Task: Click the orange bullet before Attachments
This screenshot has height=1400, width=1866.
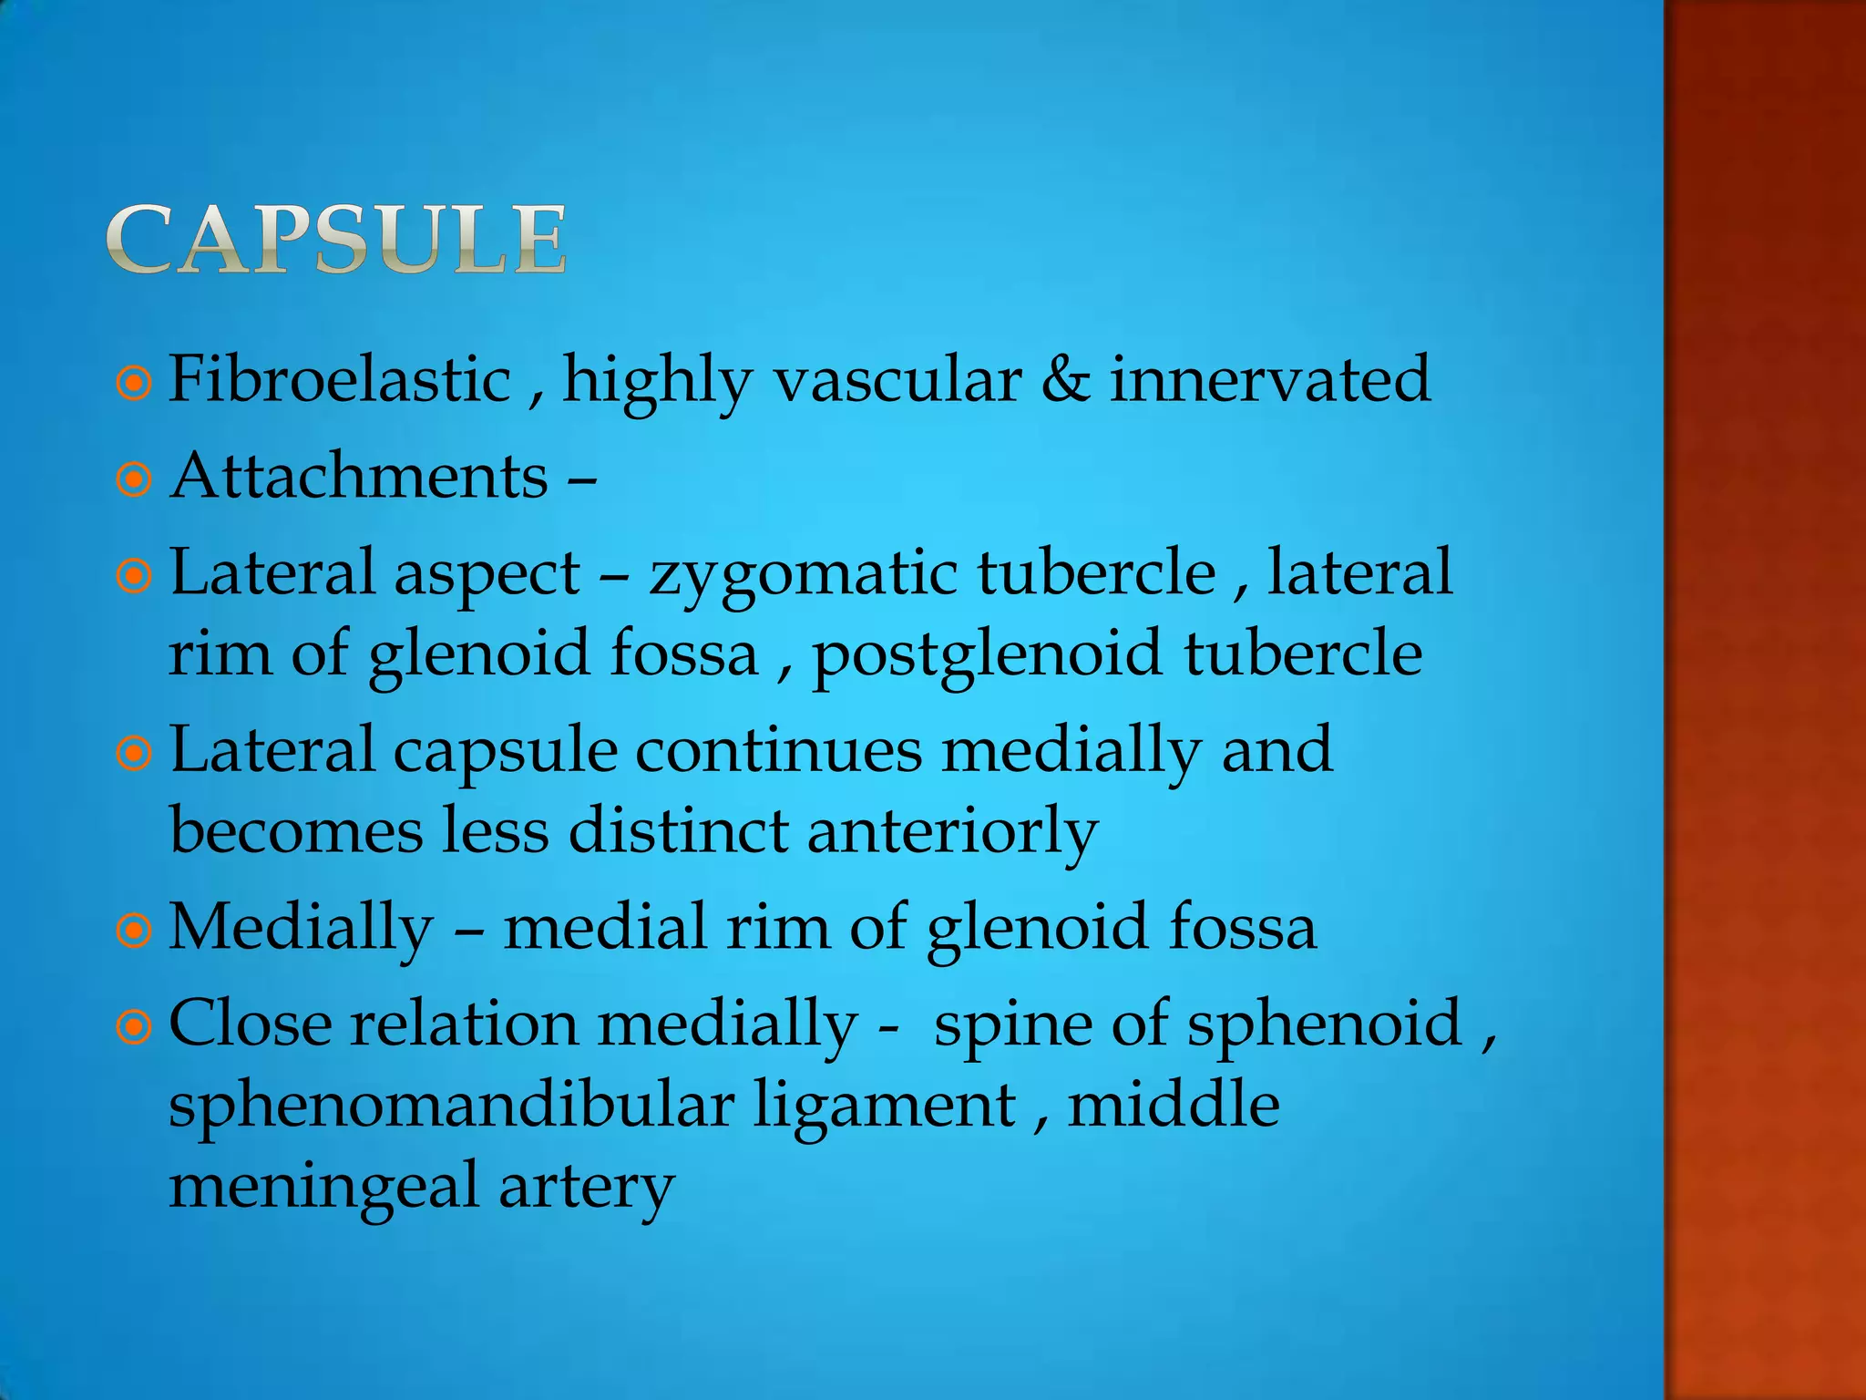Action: (134, 479)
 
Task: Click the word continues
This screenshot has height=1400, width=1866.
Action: (779, 750)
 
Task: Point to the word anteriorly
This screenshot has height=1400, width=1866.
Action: (952, 832)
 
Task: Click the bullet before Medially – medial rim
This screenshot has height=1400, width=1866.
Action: (134, 931)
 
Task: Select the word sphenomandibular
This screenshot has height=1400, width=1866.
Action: (451, 1107)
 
